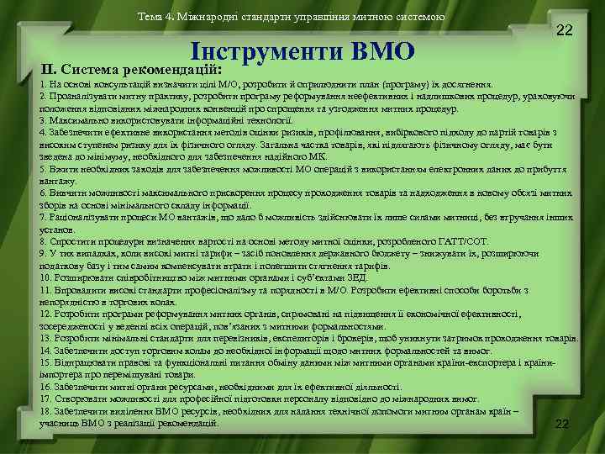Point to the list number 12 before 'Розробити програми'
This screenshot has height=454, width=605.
point(45,314)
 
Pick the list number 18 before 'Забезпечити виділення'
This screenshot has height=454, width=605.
point(45,410)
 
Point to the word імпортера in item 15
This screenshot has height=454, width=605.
point(57,374)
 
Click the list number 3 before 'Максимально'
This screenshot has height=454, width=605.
point(42,120)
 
